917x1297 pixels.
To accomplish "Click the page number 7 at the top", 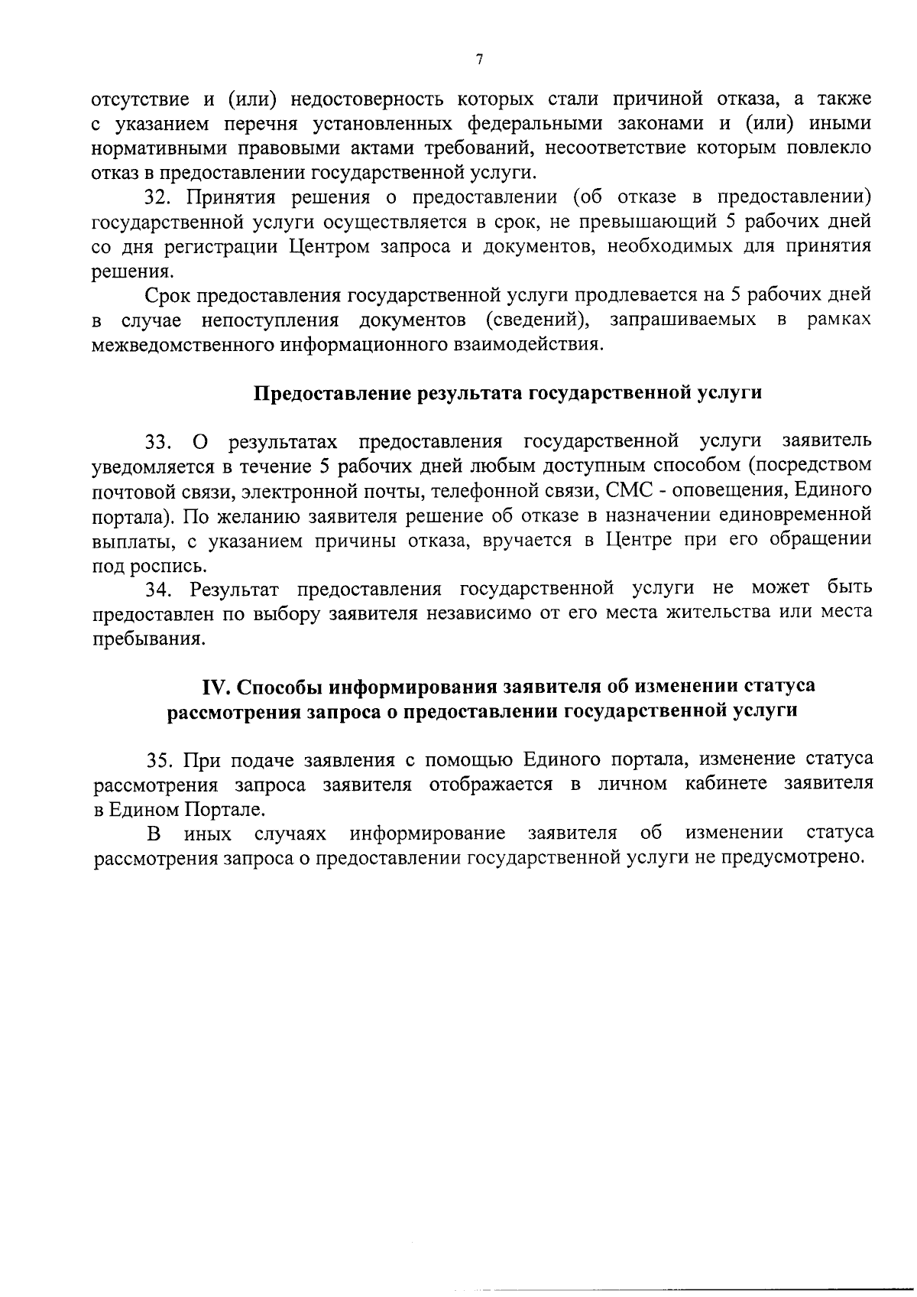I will click(479, 60).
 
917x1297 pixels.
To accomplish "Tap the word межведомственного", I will click(182, 344).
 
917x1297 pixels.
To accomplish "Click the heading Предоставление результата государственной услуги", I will click(507, 393).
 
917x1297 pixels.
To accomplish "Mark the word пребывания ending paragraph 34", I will click(148, 639).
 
